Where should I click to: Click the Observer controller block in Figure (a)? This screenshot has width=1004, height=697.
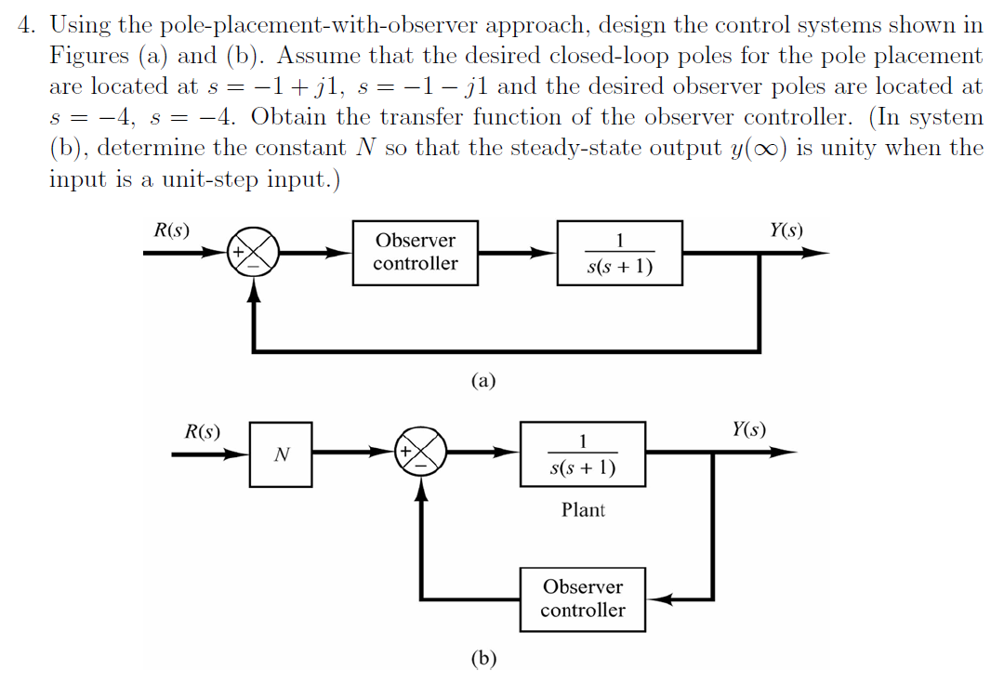pos(416,252)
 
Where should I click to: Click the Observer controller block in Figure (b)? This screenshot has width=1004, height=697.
pos(583,599)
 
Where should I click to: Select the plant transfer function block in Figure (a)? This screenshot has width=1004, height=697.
pos(620,252)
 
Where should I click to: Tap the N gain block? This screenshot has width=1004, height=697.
pos(281,454)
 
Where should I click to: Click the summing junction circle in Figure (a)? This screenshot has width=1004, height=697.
pos(253,252)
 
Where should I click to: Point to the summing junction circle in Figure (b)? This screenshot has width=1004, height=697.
pos(422,453)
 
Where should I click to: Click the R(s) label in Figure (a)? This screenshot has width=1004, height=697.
pos(172,230)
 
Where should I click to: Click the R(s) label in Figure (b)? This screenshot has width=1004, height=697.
pos(203,431)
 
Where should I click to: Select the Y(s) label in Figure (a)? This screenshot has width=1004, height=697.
pos(786,230)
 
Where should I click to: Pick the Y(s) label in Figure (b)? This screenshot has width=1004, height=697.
pos(749,429)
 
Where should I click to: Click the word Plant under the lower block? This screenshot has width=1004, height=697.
pos(583,510)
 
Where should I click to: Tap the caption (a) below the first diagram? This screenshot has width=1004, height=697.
pos(483,379)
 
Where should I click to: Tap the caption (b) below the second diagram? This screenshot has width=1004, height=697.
pos(483,659)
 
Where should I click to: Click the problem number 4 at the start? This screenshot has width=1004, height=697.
pos(25,25)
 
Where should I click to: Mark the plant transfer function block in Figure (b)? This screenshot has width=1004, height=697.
pos(583,454)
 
